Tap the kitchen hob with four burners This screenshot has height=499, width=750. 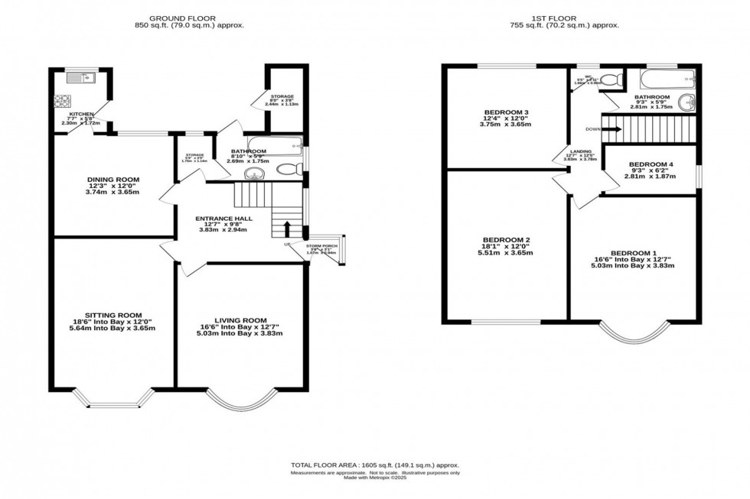[61, 102]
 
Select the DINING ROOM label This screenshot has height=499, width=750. [112, 180]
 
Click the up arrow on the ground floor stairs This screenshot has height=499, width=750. [287, 229]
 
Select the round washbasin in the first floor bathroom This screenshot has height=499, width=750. [687, 103]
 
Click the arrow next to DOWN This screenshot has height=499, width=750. [610, 129]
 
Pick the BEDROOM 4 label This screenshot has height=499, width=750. [651, 164]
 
